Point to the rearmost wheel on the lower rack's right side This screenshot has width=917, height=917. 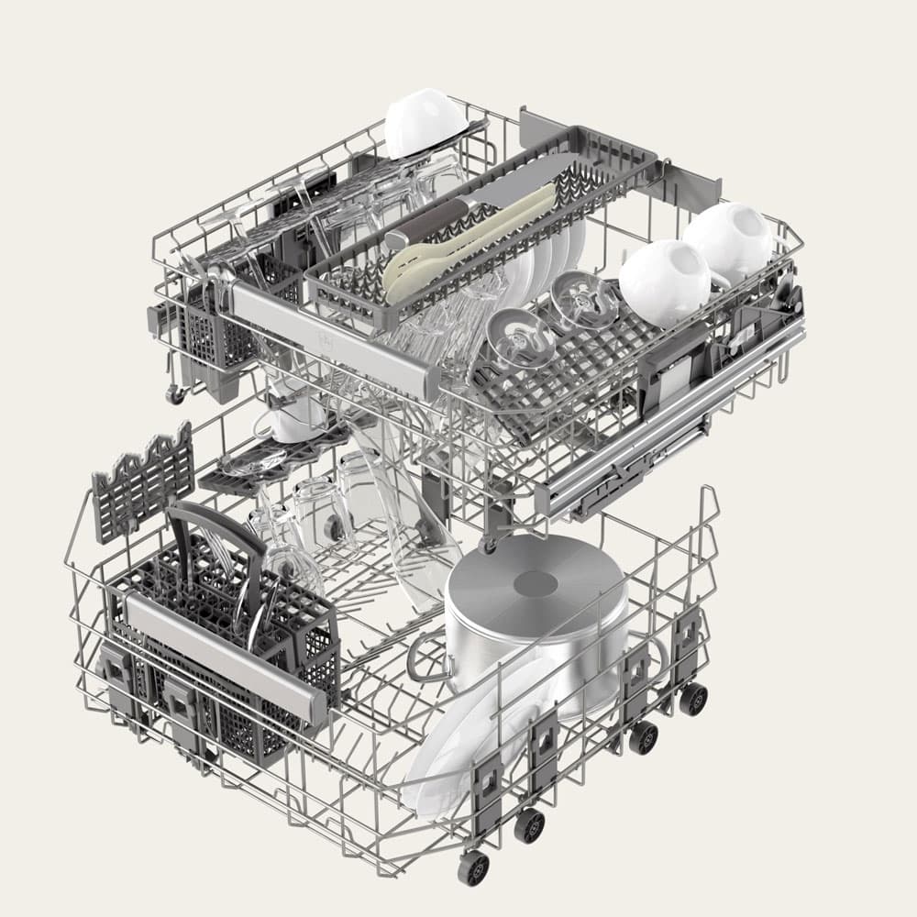point(693,698)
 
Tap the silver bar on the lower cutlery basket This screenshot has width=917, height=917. point(225,653)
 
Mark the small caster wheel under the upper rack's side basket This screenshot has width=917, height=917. point(174,394)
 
